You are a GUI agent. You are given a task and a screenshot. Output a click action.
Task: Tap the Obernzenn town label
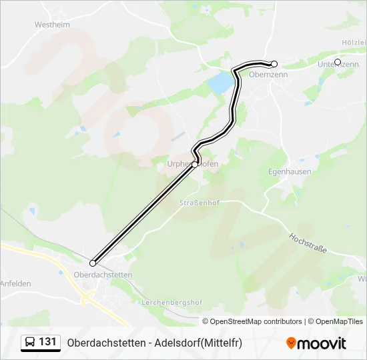pos(268,75)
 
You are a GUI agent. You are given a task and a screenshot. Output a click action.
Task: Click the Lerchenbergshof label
pos(171,302)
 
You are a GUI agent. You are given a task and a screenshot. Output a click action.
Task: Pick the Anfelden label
pos(15,283)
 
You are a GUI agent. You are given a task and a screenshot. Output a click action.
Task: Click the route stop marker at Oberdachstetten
pos(93,263)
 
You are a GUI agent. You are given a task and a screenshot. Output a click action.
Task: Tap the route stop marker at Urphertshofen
pos(195,164)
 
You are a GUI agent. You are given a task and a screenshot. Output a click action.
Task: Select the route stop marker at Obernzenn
pos(274,64)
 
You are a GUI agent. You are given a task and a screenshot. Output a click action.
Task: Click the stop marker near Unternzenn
pos(338,62)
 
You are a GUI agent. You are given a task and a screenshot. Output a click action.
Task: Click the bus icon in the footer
pos(30,343)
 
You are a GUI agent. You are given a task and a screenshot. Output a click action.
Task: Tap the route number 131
pos(48,342)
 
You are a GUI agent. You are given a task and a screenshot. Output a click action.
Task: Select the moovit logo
pos(316,343)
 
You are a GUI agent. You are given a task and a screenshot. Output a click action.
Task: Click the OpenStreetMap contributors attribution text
pos(256,321)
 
